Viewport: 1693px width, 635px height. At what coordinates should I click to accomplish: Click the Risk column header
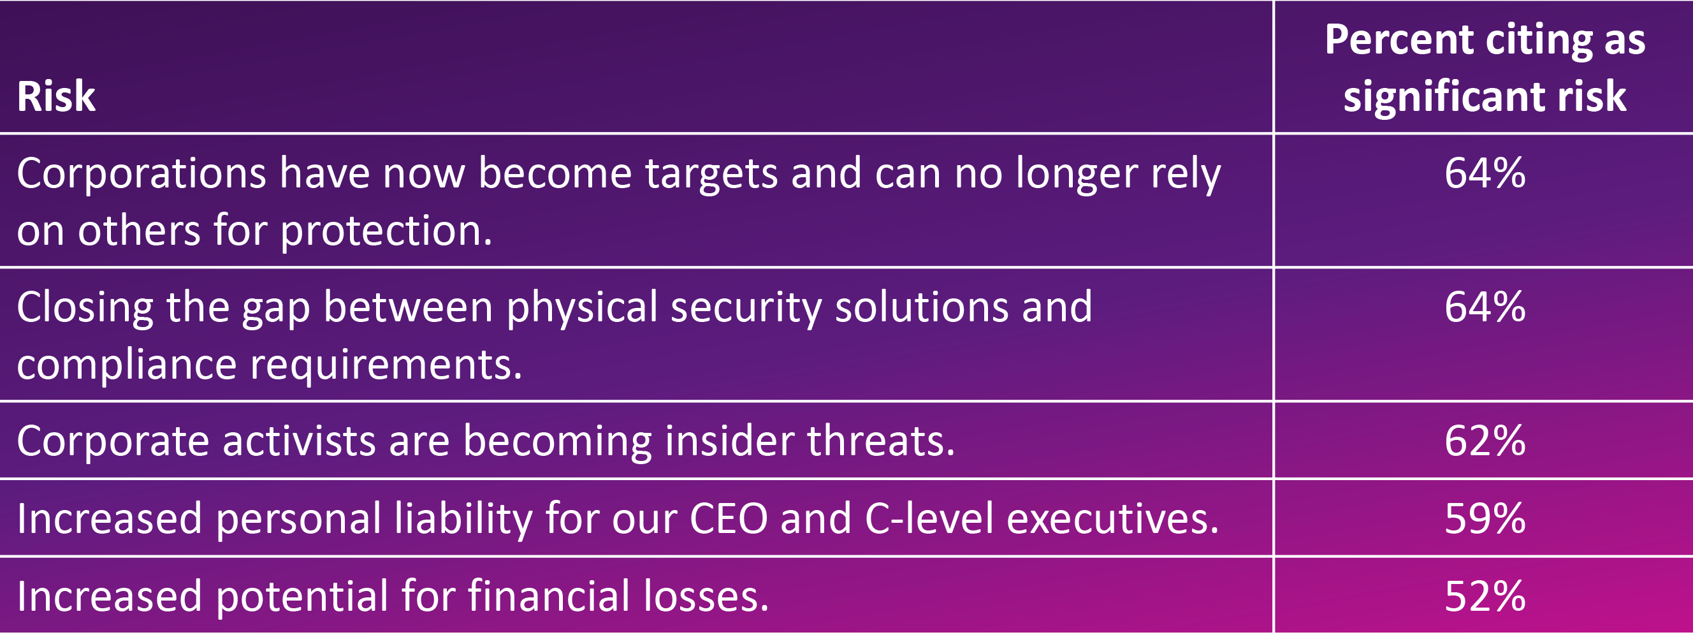pyautogui.click(x=57, y=96)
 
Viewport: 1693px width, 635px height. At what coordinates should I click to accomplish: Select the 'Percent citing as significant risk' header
pyautogui.click(x=1485, y=68)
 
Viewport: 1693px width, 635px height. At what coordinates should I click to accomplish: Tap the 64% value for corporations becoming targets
pyautogui.click(x=1485, y=173)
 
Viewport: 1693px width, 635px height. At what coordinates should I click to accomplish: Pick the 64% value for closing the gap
pyautogui.click(x=1485, y=307)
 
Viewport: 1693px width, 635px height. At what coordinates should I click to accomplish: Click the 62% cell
pyautogui.click(x=1485, y=441)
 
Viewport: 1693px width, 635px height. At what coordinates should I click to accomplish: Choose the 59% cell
pyautogui.click(x=1485, y=519)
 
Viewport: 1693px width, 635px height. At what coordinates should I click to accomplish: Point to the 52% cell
pyautogui.click(x=1485, y=596)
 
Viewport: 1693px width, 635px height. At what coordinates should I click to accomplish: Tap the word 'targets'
pyautogui.click(x=711, y=174)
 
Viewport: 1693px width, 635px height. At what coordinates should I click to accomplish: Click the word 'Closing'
pyautogui.click(x=85, y=309)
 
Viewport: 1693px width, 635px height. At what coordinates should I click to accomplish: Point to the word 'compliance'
pyautogui.click(x=127, y=366)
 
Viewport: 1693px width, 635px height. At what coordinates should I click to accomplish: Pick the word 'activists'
pyautogui.click(x=299, y=441)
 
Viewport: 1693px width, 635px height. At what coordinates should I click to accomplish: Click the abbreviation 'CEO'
pyautogui.click(x=728, y=519)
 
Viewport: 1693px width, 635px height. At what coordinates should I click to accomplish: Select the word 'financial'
pyautogui.click(x=548, y=595)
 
